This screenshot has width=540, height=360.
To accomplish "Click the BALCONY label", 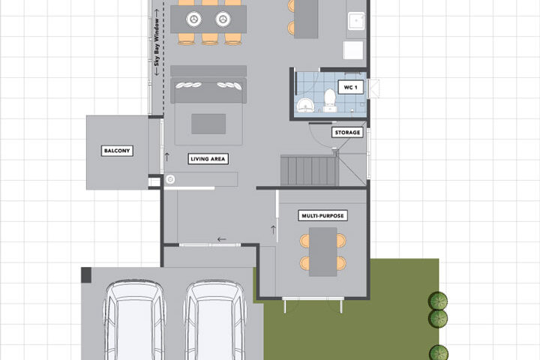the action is tap(117, 151).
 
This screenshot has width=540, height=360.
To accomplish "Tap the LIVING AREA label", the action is tap(208, 159).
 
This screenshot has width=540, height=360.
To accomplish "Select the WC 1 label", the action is tap(350, 87).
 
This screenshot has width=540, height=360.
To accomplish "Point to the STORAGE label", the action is tap(347, 132).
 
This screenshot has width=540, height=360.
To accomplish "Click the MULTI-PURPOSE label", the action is tap(322, 216).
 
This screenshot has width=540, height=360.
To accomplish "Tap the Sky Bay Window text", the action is tap(157, 42).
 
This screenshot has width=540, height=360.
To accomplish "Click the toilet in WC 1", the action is tap(330, 100).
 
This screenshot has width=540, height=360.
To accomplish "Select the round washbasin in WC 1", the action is tap(305, 105).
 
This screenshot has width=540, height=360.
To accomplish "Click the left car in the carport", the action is tap(134, 320).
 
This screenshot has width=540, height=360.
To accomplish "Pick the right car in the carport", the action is tap(215, 320).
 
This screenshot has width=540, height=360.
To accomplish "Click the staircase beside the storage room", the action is tap(309, 170).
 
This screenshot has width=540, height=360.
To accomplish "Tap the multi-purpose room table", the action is tap(322, 252).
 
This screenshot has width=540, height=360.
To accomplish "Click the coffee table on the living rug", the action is tap(208, 124).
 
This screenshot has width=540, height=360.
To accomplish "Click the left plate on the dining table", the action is tap(194, 19).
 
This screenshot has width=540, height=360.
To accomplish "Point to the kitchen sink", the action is tap(356, 21).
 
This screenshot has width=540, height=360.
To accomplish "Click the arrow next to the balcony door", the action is tap(167, 157).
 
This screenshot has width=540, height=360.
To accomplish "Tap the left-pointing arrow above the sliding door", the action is tap(221, 239).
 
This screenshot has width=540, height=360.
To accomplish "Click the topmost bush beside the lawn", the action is tap(438, 301).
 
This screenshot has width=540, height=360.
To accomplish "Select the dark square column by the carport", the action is tap(86, 275).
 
